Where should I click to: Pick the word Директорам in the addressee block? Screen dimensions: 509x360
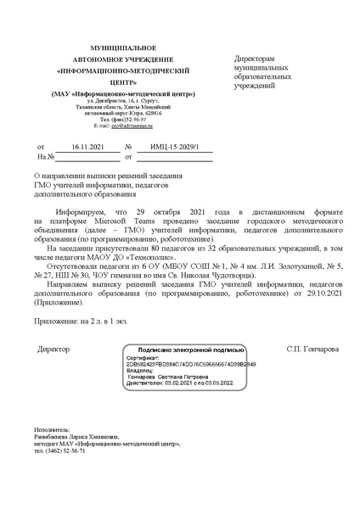260,57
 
